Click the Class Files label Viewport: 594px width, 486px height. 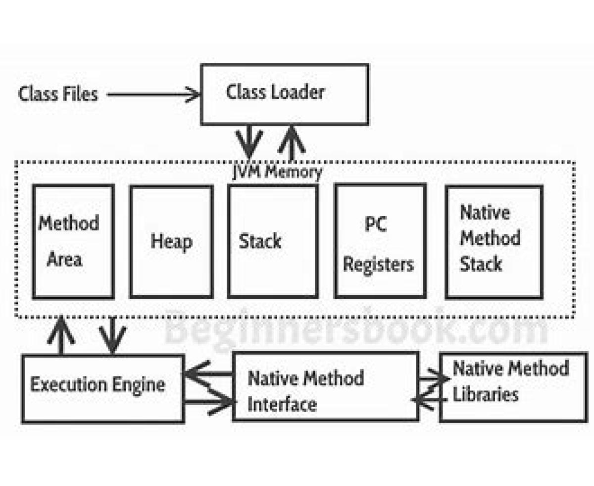point(58,94)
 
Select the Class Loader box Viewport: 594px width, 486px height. point(284,94)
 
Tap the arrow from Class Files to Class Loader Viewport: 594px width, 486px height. point(153,94)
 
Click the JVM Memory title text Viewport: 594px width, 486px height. point(277,172)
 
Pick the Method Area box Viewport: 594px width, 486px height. point(73,241)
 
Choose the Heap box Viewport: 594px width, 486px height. point(171,242)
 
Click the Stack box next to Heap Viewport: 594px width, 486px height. point(272,242)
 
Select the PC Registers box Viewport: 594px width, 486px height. point(380,241)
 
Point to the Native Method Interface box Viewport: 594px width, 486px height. point(325,386)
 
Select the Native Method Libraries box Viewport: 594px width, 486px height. point(513,387)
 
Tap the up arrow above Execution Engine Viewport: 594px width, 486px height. point(61,335)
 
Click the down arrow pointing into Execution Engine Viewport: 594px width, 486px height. point(113,335)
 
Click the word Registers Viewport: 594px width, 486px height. point(378,264)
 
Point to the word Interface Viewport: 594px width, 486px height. point(282,405)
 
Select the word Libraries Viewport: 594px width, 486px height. point(486,394)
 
